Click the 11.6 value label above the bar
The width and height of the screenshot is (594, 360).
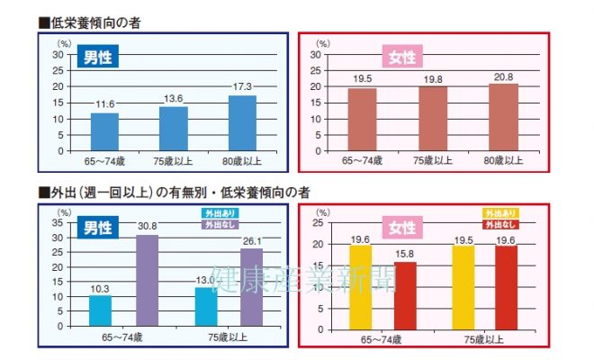[105, 105]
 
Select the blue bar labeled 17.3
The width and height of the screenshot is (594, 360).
[242, 123]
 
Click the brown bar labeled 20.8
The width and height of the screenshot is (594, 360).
[503, 117]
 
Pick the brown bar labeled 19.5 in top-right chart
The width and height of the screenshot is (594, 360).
[362, 119]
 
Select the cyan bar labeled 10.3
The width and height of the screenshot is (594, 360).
[100, 310]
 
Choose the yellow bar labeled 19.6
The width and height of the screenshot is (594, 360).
[361, 283]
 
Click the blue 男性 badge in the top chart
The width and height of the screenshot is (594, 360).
[97, 58]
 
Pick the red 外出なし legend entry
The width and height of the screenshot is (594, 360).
[500, 223]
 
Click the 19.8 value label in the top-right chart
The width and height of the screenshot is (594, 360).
[433, 78]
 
